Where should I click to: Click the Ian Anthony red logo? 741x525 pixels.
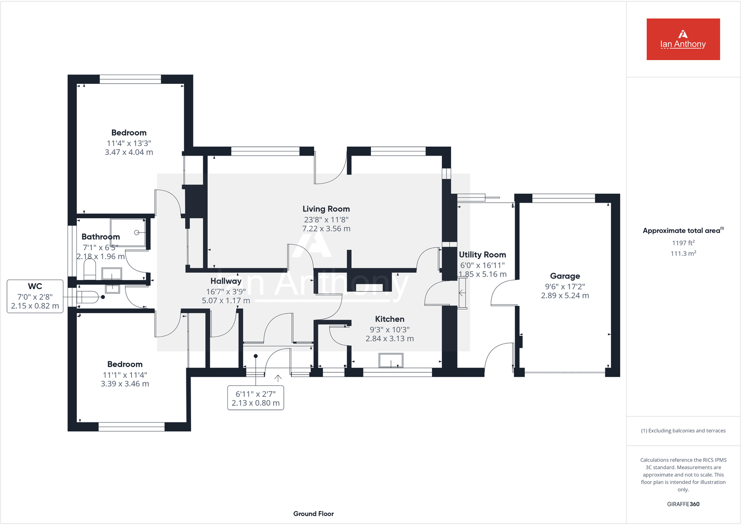point(683,39)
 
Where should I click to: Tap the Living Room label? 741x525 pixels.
point(326,209)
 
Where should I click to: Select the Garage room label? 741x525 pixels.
point(565,276)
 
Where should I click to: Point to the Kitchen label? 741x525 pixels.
point(390,319)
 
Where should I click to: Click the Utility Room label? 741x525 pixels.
point(482,255)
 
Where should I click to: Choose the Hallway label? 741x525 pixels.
point(226,281)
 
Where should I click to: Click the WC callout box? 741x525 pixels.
point(35,296)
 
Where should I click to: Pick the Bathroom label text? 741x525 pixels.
point(101,237)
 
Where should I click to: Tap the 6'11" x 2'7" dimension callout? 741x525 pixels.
point(255,398)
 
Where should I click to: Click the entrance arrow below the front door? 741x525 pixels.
point(278,378)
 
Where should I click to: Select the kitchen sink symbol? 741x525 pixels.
point(391,361)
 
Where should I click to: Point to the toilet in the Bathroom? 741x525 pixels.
point(89,269)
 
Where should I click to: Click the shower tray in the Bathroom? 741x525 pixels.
point(129,232)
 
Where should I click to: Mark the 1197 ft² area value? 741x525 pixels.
point(683,243)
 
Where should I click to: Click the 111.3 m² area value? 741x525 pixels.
point(683,253)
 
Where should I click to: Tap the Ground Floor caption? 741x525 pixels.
point(313,514)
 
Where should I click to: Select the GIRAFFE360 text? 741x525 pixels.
point(683,504)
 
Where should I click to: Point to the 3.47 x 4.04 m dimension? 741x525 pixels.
point(129,152)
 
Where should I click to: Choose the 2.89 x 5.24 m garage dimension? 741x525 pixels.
point(565,296)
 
